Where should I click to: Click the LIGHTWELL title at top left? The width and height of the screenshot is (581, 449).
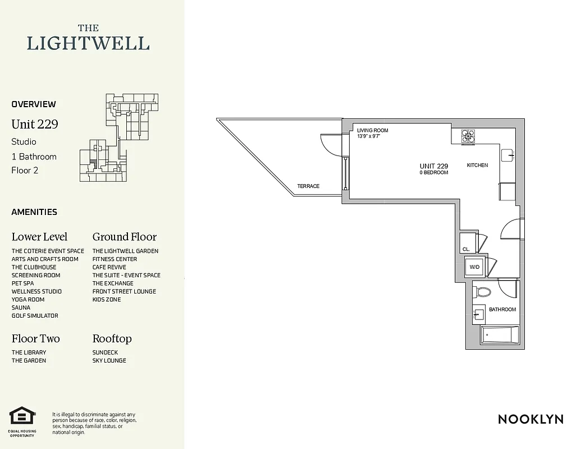point(88,43)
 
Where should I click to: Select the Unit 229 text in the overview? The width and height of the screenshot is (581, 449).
point(35,124)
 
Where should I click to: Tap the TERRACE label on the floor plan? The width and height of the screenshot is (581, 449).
point(308,186)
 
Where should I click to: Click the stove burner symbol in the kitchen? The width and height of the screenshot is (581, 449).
point(468,136)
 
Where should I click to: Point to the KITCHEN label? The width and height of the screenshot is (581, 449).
point(477,166)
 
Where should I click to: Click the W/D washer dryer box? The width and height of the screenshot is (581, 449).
point(474,267)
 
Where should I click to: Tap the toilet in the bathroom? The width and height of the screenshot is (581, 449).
point(483,292)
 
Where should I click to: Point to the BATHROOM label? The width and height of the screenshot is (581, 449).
point(502,310)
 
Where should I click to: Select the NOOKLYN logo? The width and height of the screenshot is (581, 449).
point(530,419)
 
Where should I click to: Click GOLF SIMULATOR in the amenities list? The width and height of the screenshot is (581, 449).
point(35,316)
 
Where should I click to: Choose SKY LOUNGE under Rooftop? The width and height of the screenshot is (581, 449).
point(109,360)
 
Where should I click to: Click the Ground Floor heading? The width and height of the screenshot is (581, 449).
point(124,237)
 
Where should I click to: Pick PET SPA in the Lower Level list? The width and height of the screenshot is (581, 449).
point(22,283)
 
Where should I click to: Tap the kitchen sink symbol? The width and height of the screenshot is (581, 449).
point(507,155)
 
